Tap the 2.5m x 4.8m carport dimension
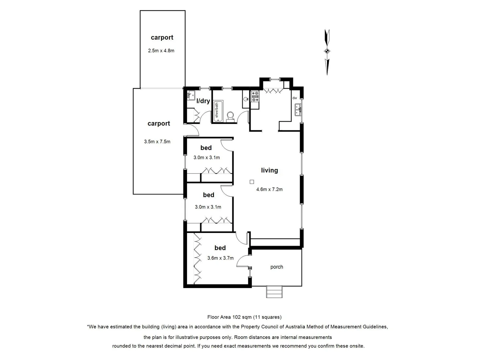[161, 51]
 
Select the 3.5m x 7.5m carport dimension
[157, 142]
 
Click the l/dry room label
[203, 101]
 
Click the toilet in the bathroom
[230, 116]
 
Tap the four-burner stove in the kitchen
[255, 97]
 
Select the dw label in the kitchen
[295, 98]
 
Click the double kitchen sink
[298, 110]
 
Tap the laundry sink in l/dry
[191, 95]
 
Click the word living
[269, 170]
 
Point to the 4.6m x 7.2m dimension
[269, 189]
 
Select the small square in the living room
[252, 182]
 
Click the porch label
[277, 267]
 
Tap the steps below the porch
[274, 292]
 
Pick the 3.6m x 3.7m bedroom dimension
[220, 258]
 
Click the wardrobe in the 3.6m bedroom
[198, 259]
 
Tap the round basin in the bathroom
[246, 99]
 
